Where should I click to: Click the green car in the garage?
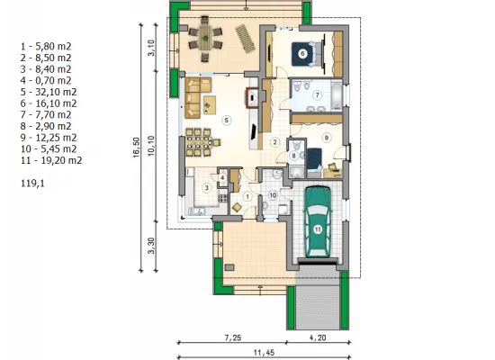coord(317,221)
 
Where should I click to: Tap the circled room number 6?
coord(302,54)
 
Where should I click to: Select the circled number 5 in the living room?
coord(226,120)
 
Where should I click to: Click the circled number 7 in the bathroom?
coord(318,94)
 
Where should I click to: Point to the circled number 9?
coord(327,138)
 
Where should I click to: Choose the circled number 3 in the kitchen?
coord(207,188)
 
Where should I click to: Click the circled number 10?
coord(273,195)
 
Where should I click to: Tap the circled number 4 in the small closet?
coord(222,178)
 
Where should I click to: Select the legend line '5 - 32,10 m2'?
coord(49,92)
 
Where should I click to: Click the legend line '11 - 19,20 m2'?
coord(51,160)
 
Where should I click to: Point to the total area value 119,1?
coord(32,184)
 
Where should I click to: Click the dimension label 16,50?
coord(136,148)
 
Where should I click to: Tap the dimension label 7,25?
coord(233,337)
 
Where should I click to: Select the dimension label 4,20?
coord(318,337)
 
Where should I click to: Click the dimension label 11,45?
coord(264,353)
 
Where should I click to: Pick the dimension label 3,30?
coord(151,246)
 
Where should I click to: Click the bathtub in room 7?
coord(337,94)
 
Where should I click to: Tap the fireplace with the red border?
coord(253,97)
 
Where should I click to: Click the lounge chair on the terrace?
coord(245,39)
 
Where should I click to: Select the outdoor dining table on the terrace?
coord(205,38)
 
